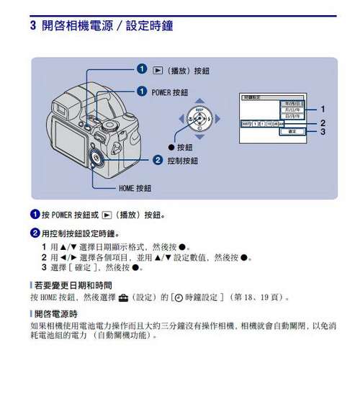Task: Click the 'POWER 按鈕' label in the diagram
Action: click(x=170, y=92)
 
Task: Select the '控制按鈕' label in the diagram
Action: click(x=182, y=160)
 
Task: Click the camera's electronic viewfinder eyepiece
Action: click(x=64, y=110)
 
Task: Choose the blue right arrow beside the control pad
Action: click(x=217, y=118)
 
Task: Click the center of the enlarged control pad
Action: click(x=197, y=118)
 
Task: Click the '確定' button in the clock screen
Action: click(x=292, y=132)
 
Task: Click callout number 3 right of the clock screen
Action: click(x=323, y=132)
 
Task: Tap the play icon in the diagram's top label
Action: click(x=158, y=71)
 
